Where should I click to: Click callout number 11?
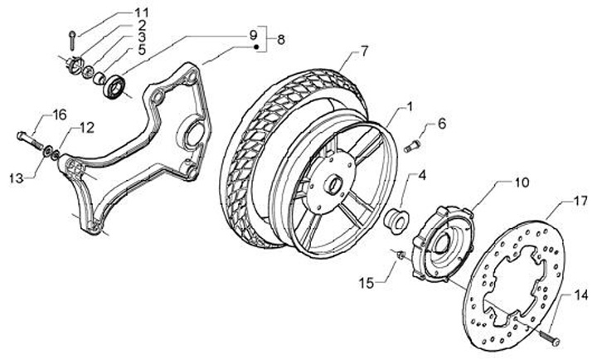click(x=141, y=12)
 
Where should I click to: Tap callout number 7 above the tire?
click(x=362, y=51)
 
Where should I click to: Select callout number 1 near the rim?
click(x=408, y=108)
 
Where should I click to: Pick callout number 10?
click(x=522, y=182)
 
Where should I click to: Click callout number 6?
click(x=441, y=124)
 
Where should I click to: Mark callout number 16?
click(x=60, y=114)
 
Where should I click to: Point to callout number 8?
click(x=280, y=39)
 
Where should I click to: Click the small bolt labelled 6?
click(x=413, y=148)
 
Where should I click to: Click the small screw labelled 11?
click(x=72, y=37)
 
